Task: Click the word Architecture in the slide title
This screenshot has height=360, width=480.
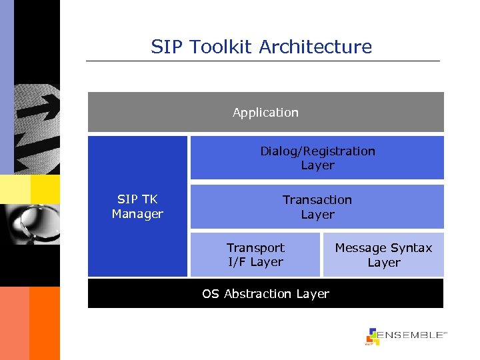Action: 315,47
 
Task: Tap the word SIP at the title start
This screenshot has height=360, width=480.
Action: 165,47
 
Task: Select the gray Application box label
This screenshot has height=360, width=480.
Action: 265,113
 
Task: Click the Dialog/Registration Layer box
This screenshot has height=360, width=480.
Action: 317,158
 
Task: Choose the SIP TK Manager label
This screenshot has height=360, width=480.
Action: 137,207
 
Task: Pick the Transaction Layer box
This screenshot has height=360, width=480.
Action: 317,207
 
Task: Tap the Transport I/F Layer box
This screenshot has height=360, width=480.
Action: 255,255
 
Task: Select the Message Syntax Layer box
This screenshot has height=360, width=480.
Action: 383,255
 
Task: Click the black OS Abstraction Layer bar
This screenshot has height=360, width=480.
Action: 265,294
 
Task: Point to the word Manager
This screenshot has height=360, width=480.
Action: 137,214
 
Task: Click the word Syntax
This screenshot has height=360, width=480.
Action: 409,248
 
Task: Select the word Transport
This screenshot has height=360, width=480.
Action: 255,248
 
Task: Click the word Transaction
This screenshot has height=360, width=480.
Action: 317,200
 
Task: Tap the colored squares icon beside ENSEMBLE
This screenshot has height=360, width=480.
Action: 372,337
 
